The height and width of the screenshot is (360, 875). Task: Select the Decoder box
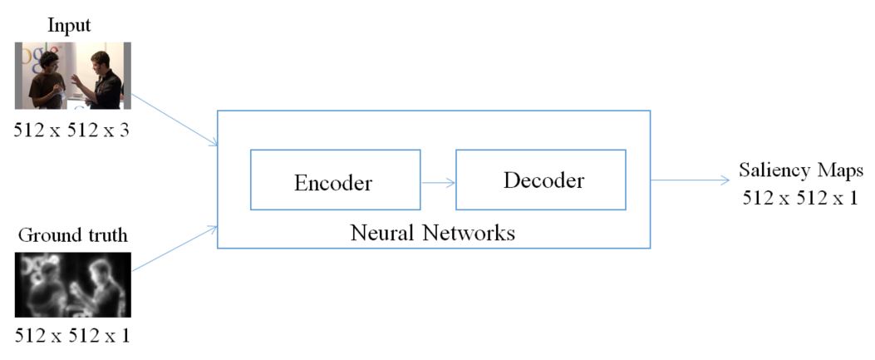tap(540, 180)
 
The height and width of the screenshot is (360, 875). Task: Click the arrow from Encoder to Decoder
tap(438, 181)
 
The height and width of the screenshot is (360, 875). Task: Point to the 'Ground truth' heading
tap(72, 236)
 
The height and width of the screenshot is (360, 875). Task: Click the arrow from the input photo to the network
tap(175, 116)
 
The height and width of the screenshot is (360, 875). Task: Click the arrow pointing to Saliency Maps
tap(690, 179)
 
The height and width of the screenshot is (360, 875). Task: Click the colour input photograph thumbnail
tap(72, 75)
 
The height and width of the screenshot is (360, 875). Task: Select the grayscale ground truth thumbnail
tap(72, 284)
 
